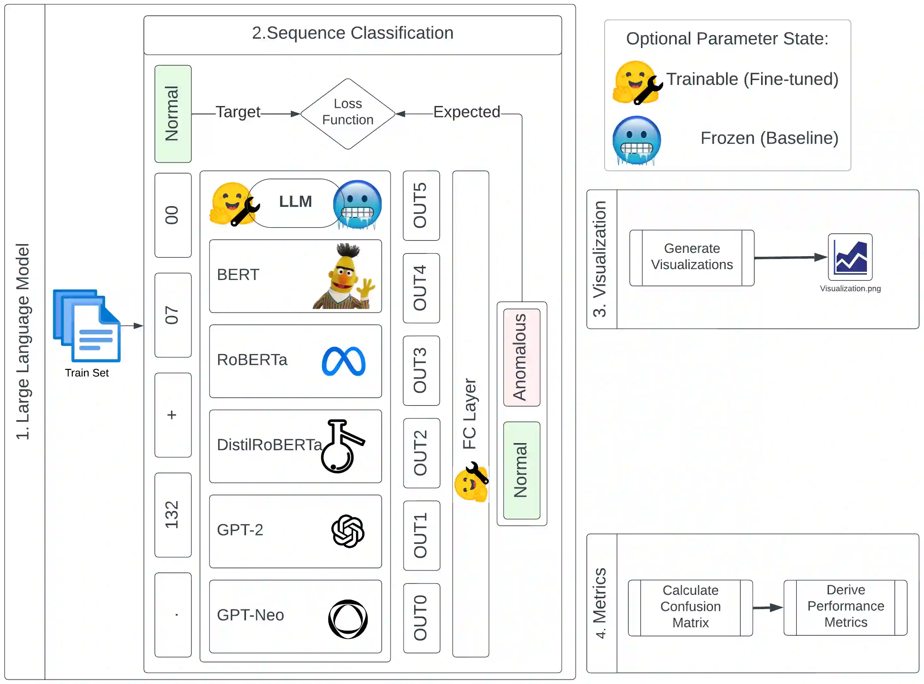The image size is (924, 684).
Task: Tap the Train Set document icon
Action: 87,326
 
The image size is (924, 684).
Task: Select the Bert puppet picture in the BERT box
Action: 344,276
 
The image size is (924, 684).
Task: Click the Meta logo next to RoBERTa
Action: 343,361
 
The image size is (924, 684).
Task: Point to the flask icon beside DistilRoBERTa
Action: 342,446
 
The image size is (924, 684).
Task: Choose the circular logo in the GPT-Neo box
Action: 348,619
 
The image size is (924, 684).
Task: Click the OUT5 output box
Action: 421,206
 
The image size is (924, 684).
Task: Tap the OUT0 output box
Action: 421,618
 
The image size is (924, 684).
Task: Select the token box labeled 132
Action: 173,515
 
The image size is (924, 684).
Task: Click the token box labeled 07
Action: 173,315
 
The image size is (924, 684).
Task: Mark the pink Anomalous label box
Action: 522,357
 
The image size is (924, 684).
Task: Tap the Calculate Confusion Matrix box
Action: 690,608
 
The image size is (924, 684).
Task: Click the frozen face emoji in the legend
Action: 636,140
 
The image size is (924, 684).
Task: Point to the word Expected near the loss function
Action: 466,112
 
